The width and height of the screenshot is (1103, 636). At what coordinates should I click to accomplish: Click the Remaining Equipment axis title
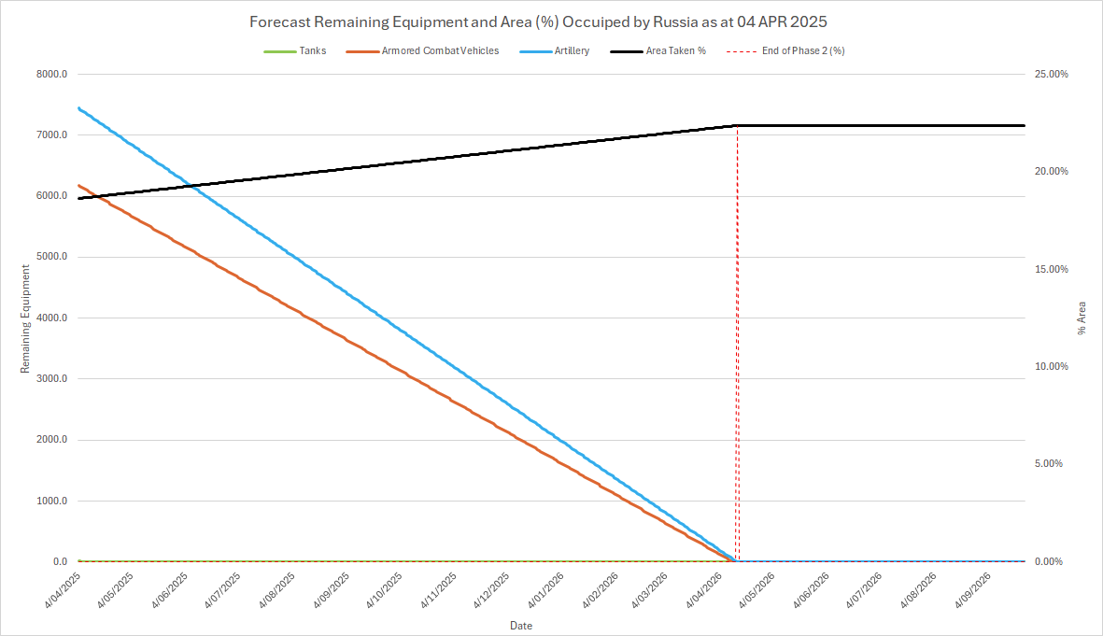[x=26, y=318]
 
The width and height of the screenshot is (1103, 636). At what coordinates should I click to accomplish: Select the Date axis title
[x=521, y=625]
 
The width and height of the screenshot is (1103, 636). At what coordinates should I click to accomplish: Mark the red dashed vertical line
[x=737, y=374]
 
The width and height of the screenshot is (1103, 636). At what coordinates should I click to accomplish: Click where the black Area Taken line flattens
[x=736, y=125]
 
